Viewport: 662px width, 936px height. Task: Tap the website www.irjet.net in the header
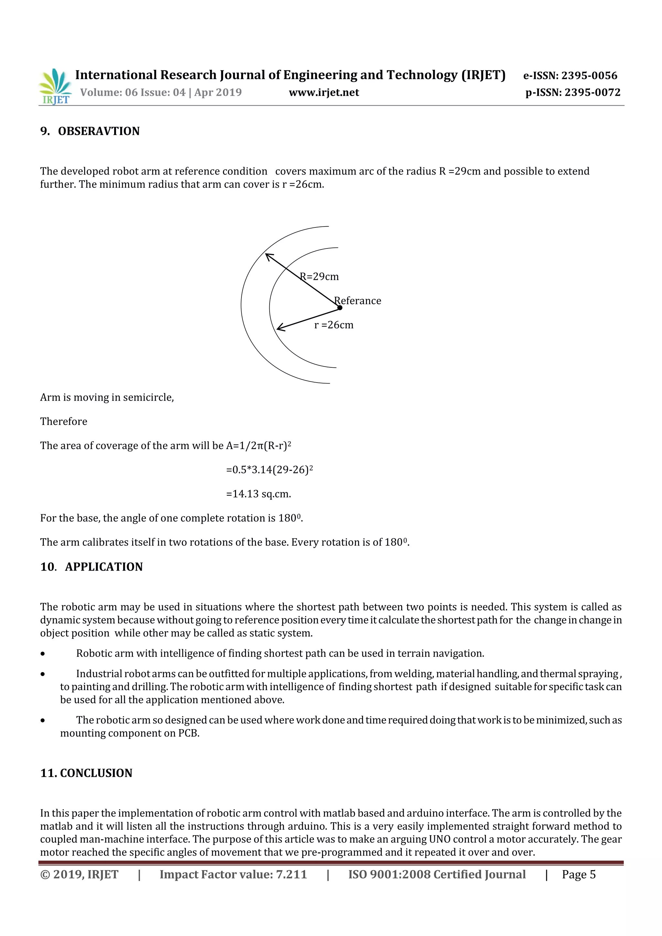click(324, 92)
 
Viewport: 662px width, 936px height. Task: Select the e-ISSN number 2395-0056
click(589, 75)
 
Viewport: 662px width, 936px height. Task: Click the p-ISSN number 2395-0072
click(592, 92)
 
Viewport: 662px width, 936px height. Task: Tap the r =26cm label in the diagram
click(334, 325)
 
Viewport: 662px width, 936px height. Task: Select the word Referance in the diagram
click(358, 301)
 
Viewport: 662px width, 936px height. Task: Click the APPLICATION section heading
click(104, 567)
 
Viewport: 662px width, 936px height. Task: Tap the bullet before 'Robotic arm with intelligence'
click(43, 654)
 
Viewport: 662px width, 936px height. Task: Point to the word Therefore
click(64, 422)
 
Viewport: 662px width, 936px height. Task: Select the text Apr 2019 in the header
click(218, 92)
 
